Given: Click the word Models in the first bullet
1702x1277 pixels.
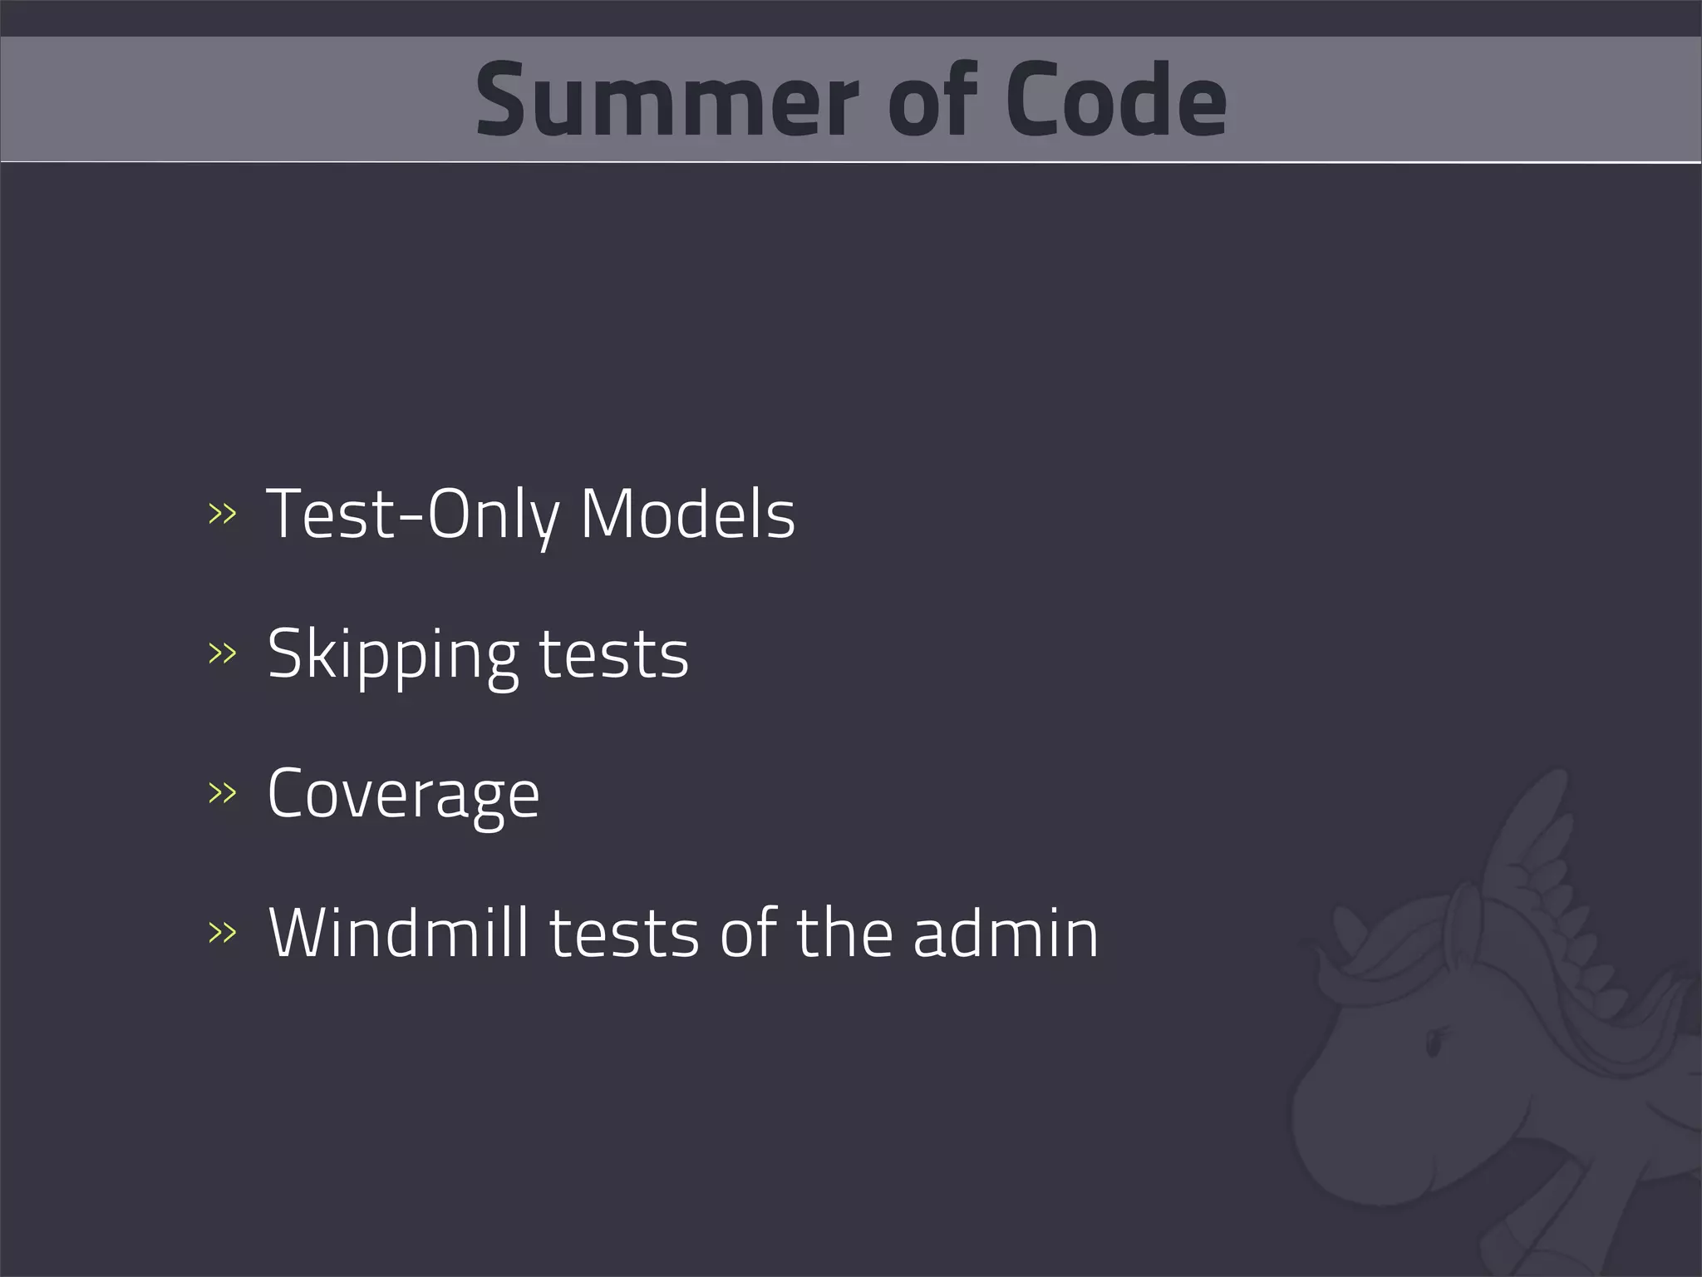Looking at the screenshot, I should pyautogui.click(x=687, y=515).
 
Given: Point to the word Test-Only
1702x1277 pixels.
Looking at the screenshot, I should pyautogui.click(x=413, y=515).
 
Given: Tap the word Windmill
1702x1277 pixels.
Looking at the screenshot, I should pyautogui.click(x=399, y=933).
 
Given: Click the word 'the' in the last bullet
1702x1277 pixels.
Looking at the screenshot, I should pyautogui.click(x=844, y=933).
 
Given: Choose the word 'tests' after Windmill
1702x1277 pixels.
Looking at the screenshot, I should pyautogui.click(x=624, y=933).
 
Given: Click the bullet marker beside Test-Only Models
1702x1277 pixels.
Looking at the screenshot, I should pyautogui.click(x=222, y=515).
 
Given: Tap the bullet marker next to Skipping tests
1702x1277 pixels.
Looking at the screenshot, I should pyautogui.click(x=222, y=653).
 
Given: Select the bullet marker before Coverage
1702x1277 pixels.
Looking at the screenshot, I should pyautogui.click(x=222, y=793).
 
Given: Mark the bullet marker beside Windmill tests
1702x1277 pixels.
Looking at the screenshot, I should pyautogui.click(x=222, y=933).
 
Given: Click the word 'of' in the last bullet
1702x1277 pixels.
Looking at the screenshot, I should pyautogui.click(x=749, y=933).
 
